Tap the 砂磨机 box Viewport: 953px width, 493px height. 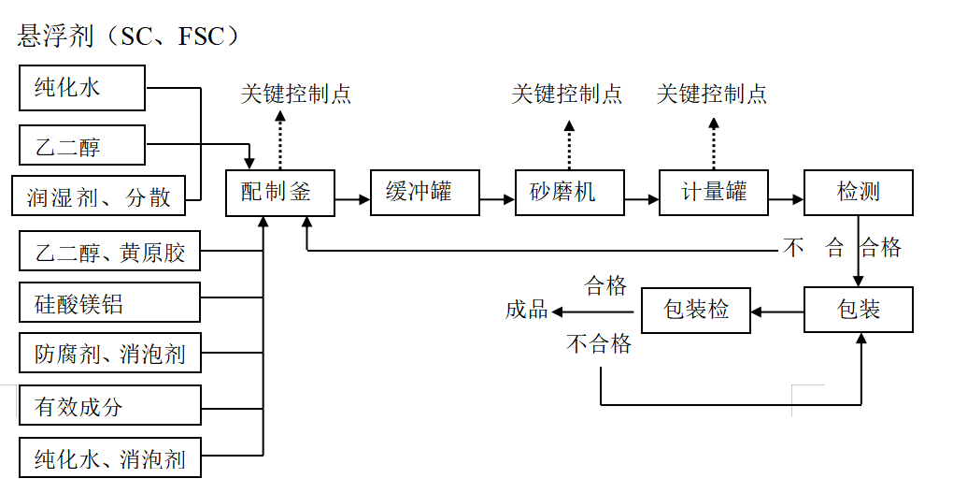pos(569,193)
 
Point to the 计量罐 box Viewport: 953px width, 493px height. pos(714,193)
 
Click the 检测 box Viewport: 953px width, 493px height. pos(858,193)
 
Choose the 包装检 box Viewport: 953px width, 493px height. pos(695,310)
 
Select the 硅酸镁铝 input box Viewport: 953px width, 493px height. pos(109,305)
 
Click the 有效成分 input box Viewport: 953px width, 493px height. pos(109,406)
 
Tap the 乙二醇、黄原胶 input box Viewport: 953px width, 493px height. pos(109,252)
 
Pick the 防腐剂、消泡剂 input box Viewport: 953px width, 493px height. pos(109,355)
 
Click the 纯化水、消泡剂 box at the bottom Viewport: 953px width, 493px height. pos(109,458)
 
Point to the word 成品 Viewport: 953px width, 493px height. pos(527,311)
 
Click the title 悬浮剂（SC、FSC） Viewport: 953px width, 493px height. pos(129,36)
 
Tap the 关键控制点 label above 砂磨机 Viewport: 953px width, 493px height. pos(567,94)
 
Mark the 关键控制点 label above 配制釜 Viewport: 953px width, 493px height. pos(296,94)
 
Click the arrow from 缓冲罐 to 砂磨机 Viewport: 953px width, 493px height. pos(497,199)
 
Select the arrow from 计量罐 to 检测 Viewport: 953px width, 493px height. pos(786,199)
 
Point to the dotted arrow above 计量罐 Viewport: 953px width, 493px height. pos(713,140)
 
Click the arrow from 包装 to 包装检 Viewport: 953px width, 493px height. pos(777,310)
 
